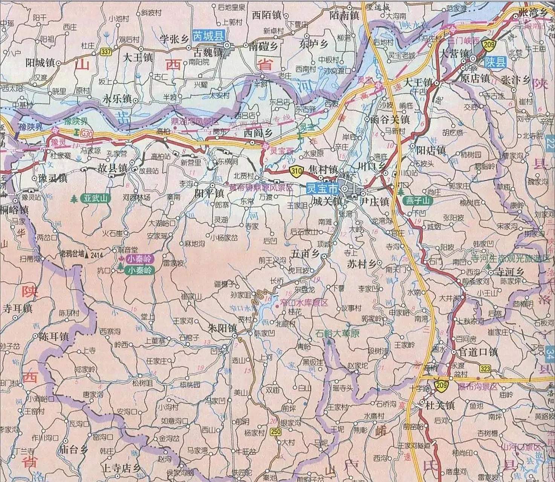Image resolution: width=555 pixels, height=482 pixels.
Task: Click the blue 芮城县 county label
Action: [x=208, y=36]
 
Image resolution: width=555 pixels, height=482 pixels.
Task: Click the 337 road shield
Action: [x=106, y=52]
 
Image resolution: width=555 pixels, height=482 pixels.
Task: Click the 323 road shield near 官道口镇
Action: [x=485, y=369]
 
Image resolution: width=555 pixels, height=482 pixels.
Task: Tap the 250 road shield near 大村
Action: [x=275, y=432]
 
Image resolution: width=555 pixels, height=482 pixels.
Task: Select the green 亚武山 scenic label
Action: [x=95, y=198]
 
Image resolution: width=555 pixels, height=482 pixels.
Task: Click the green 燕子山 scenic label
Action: [x=418, y=201]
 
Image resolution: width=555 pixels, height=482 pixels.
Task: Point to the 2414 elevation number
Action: [x=96, y=255]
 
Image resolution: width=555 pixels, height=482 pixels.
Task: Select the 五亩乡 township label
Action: [x=306, y=255]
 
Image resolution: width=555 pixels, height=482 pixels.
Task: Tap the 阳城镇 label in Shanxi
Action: [x=40, y=63]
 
